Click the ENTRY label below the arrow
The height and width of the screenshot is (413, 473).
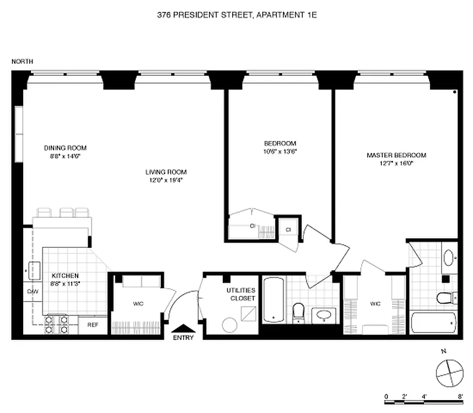pyautogui.click(x=183, y=338)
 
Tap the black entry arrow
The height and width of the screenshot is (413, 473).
pyautogui.click(x=183, y=328)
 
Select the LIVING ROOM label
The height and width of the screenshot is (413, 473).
pyautogui.click(x=166, y=172)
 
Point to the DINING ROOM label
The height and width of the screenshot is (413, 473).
pyautogui.click(x=65, y=148)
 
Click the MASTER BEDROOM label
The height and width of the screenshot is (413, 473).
pyautogui.click(x=396, y=155)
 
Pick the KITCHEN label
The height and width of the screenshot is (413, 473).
pyautogui.click(x=65, y=276)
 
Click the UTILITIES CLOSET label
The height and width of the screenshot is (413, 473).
pyautogui.click(x=241, y=294)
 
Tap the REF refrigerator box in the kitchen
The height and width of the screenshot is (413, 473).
pyautogui.click(x=93, y=325)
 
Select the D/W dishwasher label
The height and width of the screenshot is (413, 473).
pyautogui.click(x=32, y=291)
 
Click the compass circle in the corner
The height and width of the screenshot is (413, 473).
pyautogui.click(x=447, y=371)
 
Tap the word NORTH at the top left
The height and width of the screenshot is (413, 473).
pyautogui.click(x=22, y=61)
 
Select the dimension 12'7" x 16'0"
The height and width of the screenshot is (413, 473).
pyautogui.click(x=396, y=163)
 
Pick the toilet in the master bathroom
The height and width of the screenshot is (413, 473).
pyautogui.click(x=444, y=298)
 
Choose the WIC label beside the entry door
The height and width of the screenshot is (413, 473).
pyautogui.click(x=138, y=304)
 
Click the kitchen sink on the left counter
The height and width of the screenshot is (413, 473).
pyautogui.click(x=34, y=270)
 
